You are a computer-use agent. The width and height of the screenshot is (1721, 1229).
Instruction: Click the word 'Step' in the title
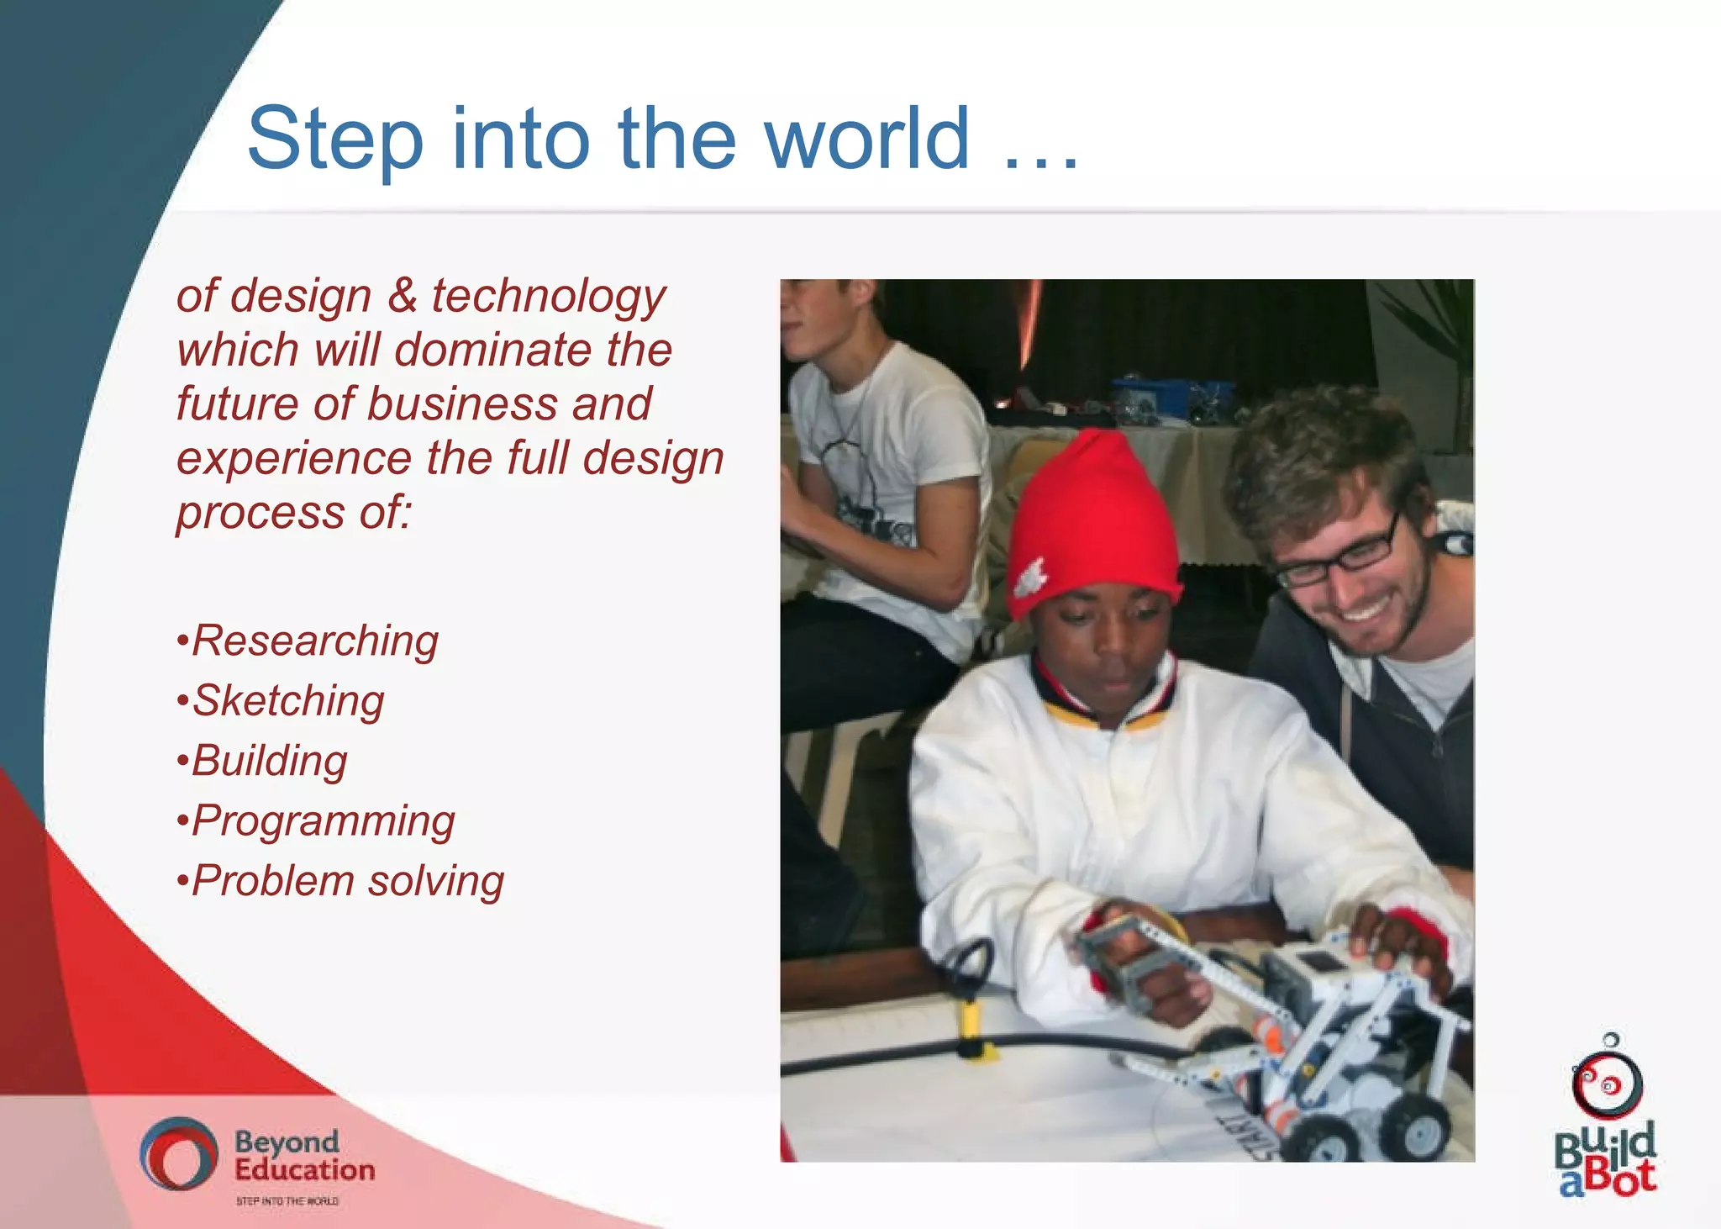pyautogui.click(x=335, y=139)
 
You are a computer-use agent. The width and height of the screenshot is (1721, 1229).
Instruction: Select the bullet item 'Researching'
pyautogui.click(x=315, y=641)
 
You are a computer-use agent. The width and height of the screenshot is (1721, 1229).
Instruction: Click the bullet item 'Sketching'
pyautogui.click(x=288, y=700)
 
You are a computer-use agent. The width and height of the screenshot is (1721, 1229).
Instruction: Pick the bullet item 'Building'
pyautogui.click(x=270, y=761)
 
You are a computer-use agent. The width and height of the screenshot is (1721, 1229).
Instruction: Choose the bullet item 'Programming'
pyautogui.click(x=324, y=821)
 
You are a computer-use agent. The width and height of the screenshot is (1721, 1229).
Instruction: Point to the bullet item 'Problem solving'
pyautogui.click(x=348, y=881)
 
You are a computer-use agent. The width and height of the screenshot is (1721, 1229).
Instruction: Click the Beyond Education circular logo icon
pyautogui.click(x=177, y=1153)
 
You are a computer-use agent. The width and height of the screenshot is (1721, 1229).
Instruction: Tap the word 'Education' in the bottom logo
pyautogui.click(x=304, y=1169)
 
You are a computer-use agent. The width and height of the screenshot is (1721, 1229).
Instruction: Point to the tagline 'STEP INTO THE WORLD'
pyautogui.click(x=287, y=1201)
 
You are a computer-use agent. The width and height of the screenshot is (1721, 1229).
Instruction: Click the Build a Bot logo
pyautogui.click(x=1606, y=1118)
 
